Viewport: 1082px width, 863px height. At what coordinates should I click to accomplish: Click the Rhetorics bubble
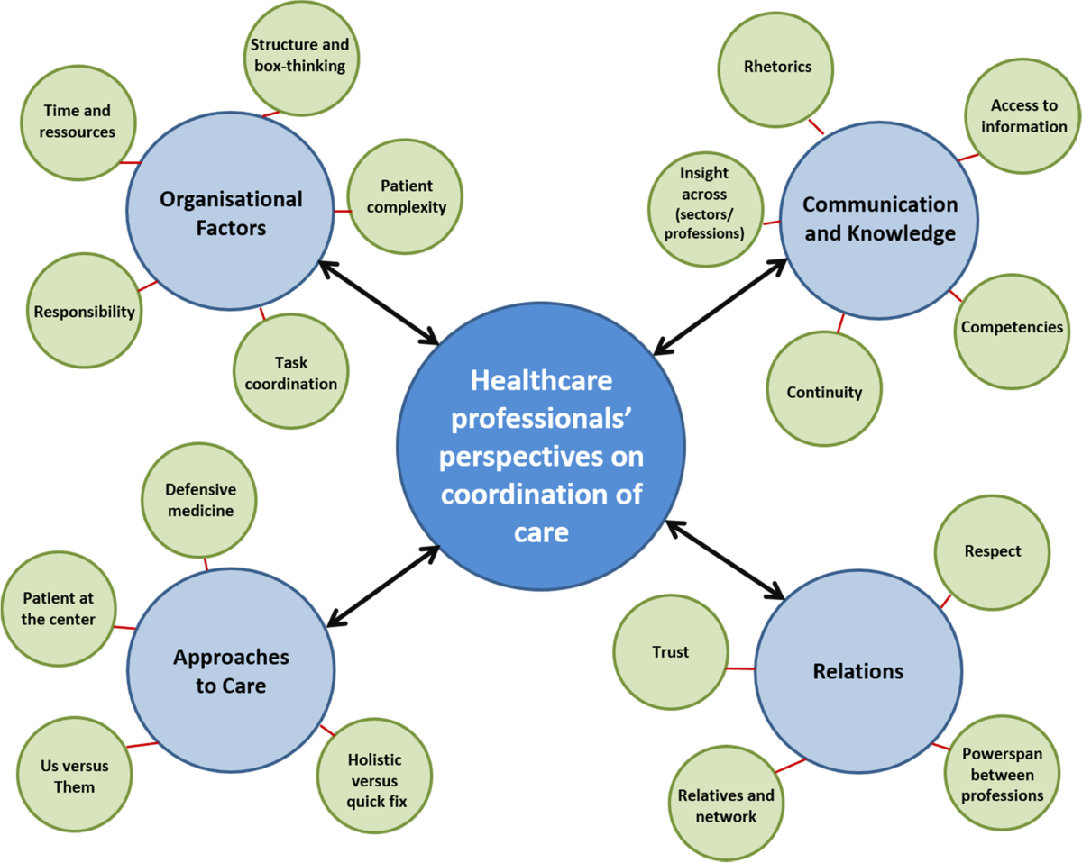(x=777, y=67)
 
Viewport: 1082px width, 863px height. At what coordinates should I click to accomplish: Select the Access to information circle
(x=1022, y=116)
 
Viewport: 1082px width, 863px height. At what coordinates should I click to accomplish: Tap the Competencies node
(x=1011, y=328)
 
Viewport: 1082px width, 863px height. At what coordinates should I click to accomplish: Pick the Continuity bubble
(x=824, y=392)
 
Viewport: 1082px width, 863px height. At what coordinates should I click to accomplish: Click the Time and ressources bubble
(x=78, y=122)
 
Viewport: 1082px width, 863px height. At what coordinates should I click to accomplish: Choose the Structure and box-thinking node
(x=300, y=56)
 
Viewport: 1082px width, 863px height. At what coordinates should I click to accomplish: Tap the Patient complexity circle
(x=405, y=196)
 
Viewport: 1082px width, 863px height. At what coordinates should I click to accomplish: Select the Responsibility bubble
(x=84, y=312)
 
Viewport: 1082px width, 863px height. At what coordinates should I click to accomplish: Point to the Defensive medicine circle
(x=199, y=500)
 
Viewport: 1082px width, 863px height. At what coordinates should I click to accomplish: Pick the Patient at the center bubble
(x=59, y=609)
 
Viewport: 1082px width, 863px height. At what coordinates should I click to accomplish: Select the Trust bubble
(x=669, y=651)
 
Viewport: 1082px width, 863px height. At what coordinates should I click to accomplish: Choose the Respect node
(x=992, y=550)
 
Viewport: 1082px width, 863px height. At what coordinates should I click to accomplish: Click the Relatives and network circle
(x=725, y=805)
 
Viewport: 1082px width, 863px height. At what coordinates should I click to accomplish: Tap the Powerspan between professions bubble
(x=1002, y=773)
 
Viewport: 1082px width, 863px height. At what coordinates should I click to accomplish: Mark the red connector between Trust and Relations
(x=739, y=668)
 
